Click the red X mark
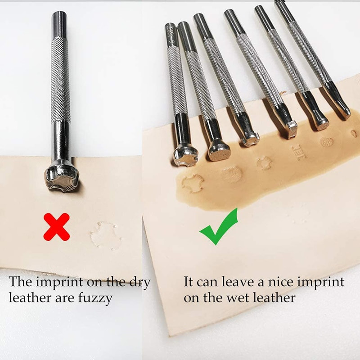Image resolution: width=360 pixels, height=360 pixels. click(x=56, y=226)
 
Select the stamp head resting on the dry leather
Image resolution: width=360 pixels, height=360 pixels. click(x=62, y=179)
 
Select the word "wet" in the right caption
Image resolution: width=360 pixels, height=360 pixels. click(x=241, y=297)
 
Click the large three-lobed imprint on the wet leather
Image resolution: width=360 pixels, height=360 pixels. click(x=193, y=183)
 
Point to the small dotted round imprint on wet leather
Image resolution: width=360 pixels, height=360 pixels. click(x=327, y=142)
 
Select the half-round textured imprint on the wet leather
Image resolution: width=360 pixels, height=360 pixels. click(x=232, y=175)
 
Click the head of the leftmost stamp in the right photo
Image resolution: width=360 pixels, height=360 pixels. click(x=184, y=154)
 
